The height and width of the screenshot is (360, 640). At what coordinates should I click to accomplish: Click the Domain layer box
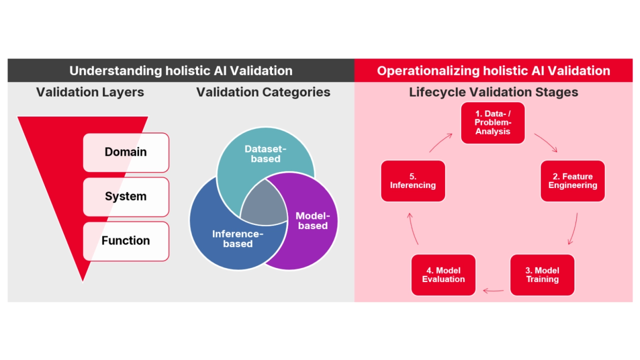pos(126,152)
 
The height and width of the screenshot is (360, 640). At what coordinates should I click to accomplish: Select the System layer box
pos(126,196)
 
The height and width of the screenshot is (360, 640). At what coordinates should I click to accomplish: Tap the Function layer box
pos(126,241)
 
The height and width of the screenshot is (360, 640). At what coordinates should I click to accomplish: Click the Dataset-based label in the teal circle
pos(265,154)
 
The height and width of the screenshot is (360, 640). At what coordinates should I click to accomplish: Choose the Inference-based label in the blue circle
pos(237,239)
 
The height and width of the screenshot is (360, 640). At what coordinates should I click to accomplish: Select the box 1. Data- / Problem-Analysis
pos(492,123)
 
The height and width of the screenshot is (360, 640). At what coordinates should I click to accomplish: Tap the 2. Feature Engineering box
pos(572,181)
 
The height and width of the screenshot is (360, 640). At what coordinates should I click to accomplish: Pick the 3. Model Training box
pos(542,275)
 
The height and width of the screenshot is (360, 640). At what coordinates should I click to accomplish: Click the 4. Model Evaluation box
pos(443,275)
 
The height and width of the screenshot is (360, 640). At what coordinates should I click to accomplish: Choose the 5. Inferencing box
pos(413,181)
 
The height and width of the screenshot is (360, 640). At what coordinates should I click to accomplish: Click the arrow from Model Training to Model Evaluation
pos(493,290)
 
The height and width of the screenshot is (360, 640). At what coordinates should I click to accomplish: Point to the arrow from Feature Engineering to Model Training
pos(573,229)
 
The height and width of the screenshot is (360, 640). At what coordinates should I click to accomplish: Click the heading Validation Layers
pos(90,92)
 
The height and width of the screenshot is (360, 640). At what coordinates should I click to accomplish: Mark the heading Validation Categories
pos(263,92)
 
